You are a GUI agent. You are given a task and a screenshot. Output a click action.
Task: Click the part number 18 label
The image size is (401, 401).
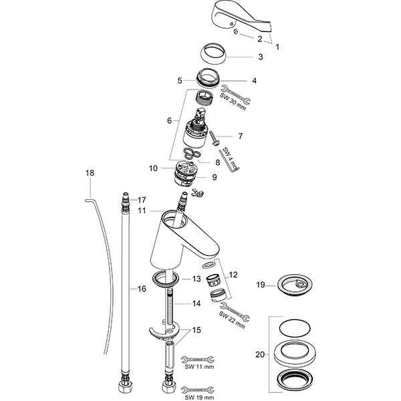click(90, 174)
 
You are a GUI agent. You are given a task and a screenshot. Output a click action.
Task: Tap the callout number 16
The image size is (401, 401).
click(141, 289)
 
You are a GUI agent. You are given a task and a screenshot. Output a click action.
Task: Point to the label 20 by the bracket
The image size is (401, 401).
click(261, 354)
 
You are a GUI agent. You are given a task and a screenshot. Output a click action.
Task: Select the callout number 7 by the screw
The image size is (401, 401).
click(240, 136)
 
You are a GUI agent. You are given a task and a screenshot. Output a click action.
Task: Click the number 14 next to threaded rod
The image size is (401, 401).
click(196, 303)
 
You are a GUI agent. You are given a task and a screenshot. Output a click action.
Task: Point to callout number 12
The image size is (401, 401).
click(233, 275)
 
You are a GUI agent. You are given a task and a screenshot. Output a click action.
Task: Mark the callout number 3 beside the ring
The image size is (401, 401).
click(261, 57)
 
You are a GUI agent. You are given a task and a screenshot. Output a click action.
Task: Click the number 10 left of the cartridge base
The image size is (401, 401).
click(152, 168)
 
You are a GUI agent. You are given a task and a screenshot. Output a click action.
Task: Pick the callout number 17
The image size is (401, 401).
click(142, 199)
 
